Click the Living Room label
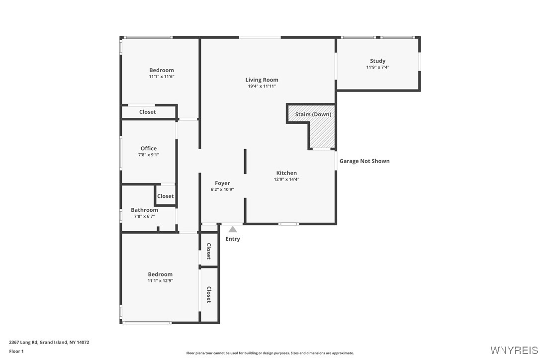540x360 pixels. pyautogui.click(x=262, y=80)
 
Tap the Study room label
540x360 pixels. pyautogui.click(x=377, y=61)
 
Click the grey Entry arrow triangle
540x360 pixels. pyautogui.click(x=233, y=229)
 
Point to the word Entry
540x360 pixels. pyautogui.click(x=233, y=239)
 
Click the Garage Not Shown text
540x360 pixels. pyautogui.click(x=364, y=161)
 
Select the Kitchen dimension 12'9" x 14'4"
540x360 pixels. pyautogui.click(x=286, y=180)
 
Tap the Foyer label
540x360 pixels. pyautogui.click(x=222, y=183)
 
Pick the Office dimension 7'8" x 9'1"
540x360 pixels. pyautogui.click(x=148, y=155)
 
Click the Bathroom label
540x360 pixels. pyautogui.click(x=144, y=210)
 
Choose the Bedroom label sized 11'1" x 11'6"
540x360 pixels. pyautogui.click(x=162, y=70)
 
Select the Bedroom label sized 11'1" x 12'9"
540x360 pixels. pyautogui.click(x=160, y=274)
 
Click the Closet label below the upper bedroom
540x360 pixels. pyautogui.click(x=147, y=112)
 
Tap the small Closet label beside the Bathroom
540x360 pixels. pyautogui.click(x=165, y=196)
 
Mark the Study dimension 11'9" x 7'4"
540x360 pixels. pyautogui.click(x=377, y=67)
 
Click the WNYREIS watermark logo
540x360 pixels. pyautogui.click(x=514, y=350)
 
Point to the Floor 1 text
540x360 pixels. pyautogui.click(x=16, y=351)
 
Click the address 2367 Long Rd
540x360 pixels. pyautogui.click(x=49, y=342)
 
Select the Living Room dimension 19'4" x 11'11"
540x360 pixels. pyautogui.click(x=262, y=86)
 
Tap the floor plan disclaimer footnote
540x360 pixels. pyautogui.click(x=270, y=353)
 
